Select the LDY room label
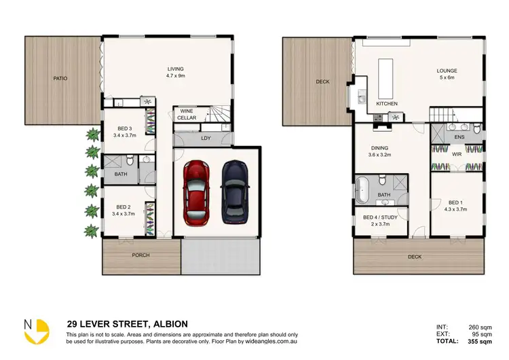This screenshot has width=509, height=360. [206, 139]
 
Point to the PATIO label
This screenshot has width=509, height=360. [60, 79]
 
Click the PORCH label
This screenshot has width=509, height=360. [141, 255]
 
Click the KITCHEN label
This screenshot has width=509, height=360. [387, 104]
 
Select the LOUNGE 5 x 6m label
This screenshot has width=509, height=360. [446, 73]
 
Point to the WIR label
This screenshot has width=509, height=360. [457, 154]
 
